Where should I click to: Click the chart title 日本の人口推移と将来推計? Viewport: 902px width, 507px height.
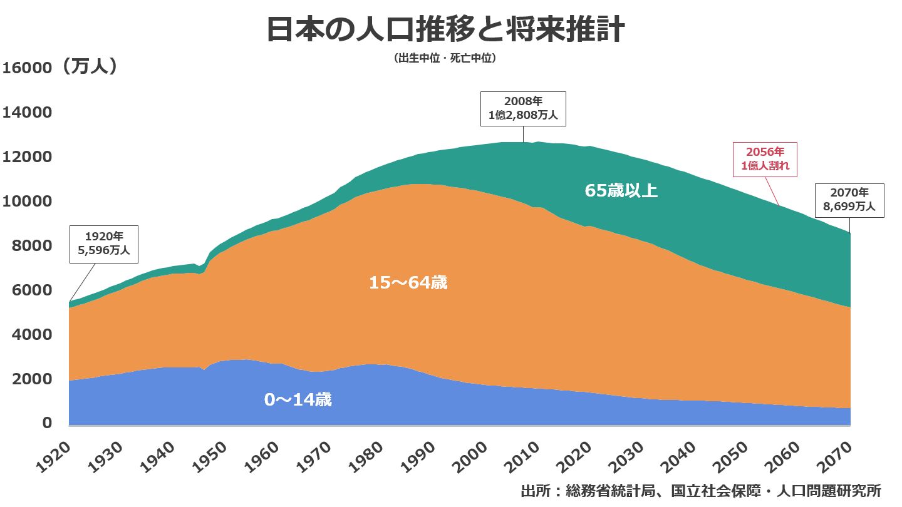click(445, 29)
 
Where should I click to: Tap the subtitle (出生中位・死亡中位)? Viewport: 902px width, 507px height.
click(445, 58)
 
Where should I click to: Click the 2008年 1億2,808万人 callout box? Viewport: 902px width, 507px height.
click(523, 109)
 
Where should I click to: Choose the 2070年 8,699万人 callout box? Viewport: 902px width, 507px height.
click(849, 200)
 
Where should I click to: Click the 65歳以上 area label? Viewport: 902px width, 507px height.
click(621, 190)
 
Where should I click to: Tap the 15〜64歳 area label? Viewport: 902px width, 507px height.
click(408, 283)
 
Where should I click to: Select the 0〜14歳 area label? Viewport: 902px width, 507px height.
click(298, 400)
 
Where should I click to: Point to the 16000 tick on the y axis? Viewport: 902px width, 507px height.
click(26, 68)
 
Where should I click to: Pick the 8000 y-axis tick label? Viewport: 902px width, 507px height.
click(30, 246)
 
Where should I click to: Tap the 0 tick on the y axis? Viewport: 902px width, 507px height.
click(46, 424)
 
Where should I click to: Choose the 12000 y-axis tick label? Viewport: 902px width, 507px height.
click(26, 157)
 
